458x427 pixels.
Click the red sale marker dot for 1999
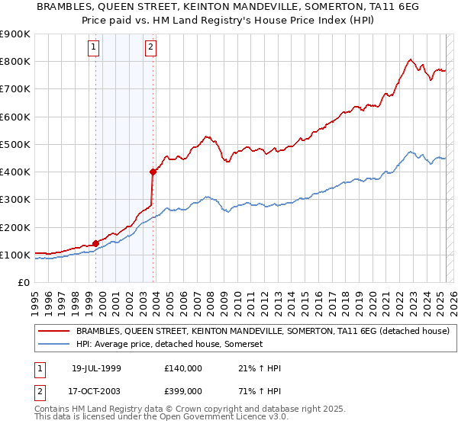tap(96, 243)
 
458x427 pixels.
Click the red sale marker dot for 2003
tap(153, 172)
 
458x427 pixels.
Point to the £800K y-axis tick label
tap(15, 61)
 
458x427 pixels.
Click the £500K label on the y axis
tap(15, 144)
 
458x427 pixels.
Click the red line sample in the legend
tap(54, 332)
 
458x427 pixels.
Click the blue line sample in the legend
tap(54, 345)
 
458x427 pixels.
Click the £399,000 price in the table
tap(182, 391)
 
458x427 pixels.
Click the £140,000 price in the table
tap(182, 368)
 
